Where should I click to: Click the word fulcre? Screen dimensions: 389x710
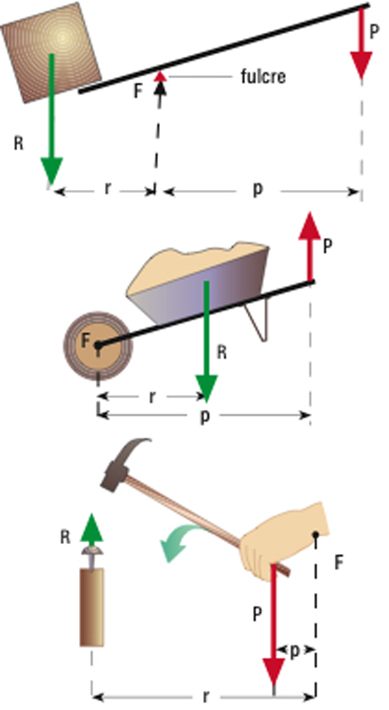[263, 76]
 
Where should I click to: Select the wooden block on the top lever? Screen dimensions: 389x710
[51, 52]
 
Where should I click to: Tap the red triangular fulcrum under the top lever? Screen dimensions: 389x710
[160, 77]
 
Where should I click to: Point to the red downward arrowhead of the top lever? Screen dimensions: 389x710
[361, 65]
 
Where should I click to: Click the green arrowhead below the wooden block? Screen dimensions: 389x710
[52, 170]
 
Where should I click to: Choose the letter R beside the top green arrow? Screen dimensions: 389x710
[19, 144]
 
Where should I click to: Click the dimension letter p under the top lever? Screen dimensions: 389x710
[258, 188]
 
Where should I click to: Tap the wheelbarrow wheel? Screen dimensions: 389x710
[98, 345]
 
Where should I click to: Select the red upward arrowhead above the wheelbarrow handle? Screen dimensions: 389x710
[309, 225]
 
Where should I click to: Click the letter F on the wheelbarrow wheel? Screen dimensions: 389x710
[87, 341]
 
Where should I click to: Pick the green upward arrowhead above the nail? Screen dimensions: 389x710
[91, 528]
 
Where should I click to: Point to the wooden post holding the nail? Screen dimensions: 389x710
[92, 607]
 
